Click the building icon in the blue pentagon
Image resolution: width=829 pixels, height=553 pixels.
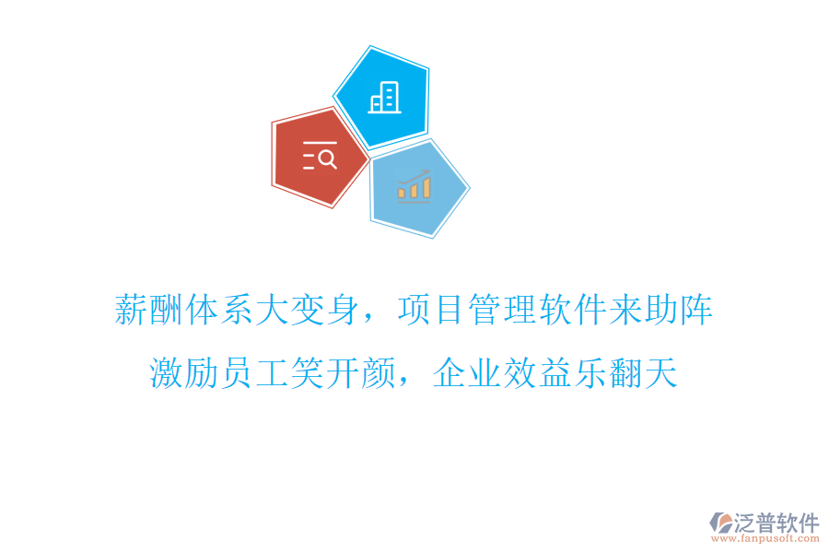tap(384, 97)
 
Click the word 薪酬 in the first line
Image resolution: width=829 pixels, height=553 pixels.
tap(149, 310)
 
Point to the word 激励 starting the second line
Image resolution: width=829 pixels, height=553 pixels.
tap(184, 372)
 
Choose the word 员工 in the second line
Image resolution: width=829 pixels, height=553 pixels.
tap(255, 372)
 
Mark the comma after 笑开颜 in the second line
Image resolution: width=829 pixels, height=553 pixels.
tap(408, 383)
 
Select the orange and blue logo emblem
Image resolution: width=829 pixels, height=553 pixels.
tap(719, 526)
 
